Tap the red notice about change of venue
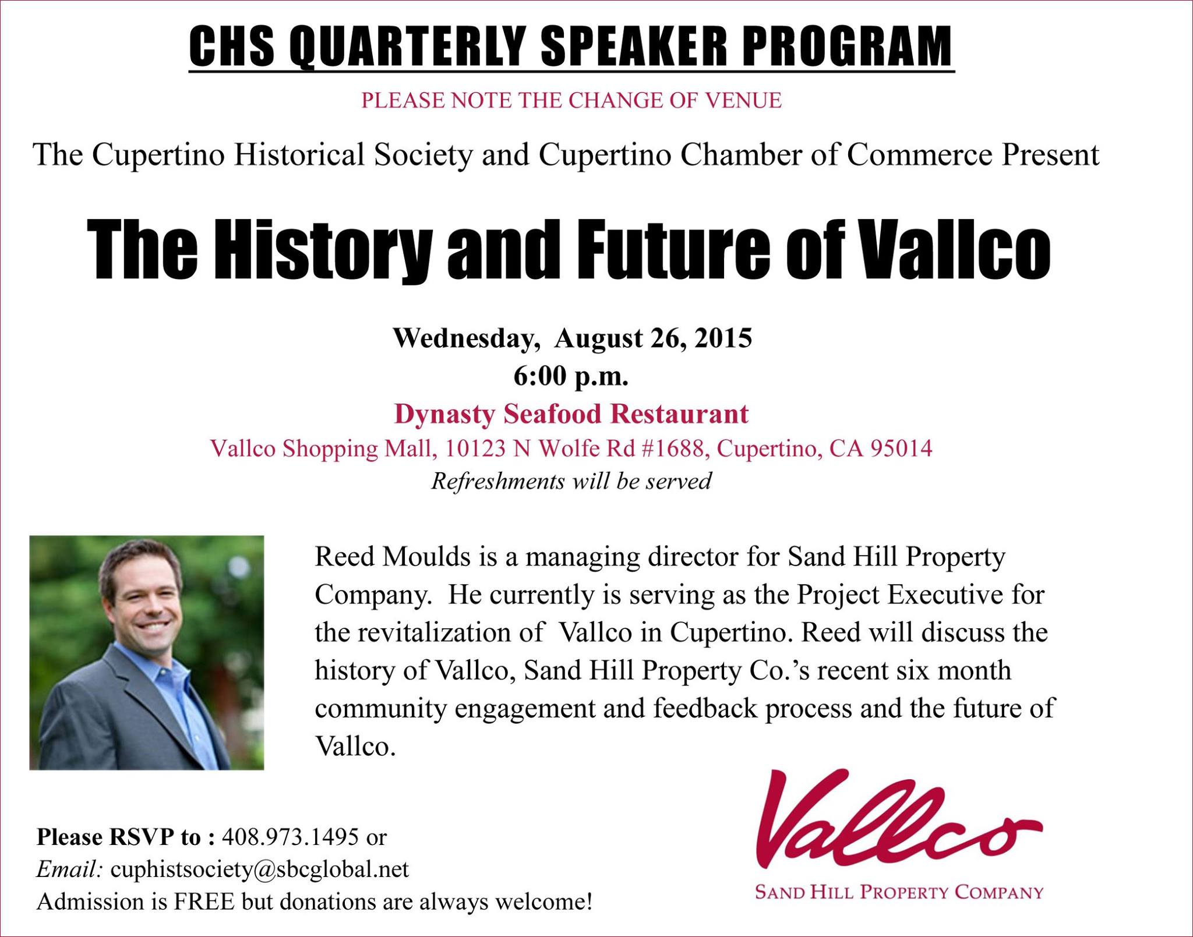571,100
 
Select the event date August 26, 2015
653,338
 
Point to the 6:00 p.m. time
571,377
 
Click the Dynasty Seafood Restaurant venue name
571,414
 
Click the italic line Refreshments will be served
571,482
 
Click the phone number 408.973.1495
290,837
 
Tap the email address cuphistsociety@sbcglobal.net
260,869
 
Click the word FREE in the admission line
204,901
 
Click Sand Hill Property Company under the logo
899,892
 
